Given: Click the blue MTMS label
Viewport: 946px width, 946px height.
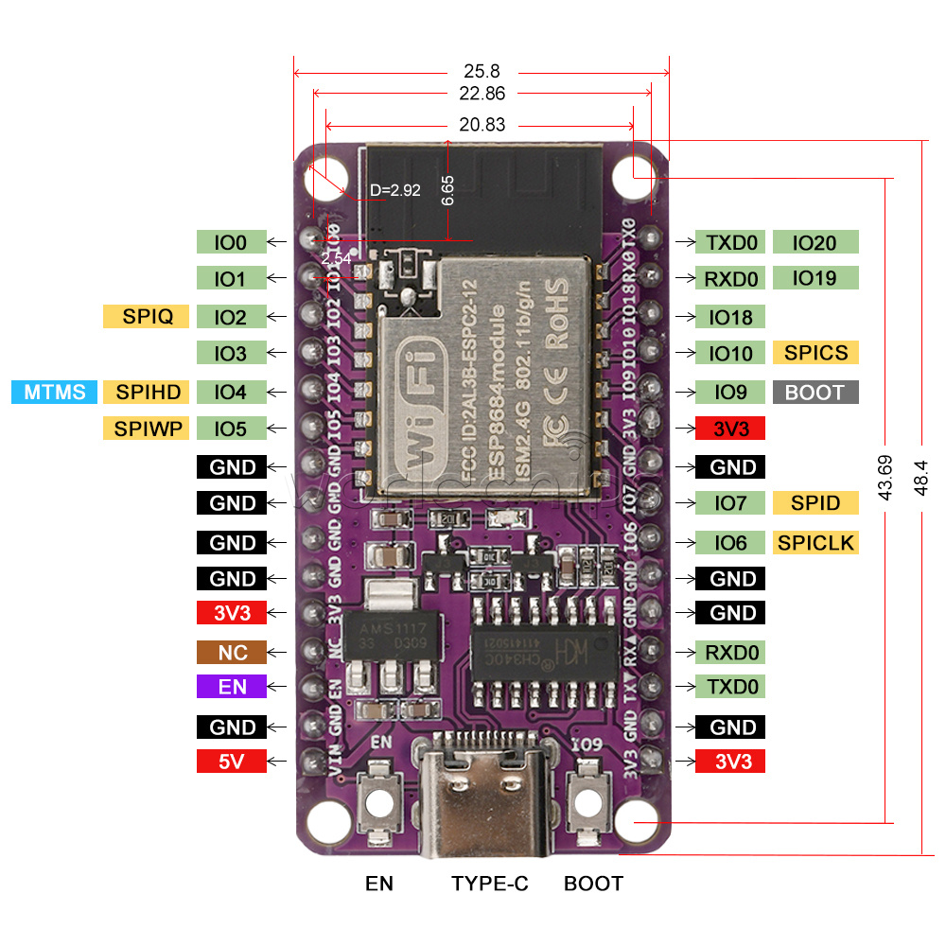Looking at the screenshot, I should click(55, 392).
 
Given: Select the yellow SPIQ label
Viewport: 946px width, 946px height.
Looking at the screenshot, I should click(147, 316).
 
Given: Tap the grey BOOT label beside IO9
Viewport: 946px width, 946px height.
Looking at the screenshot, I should click(815, 392).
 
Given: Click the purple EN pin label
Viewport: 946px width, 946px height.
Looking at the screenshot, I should click(233, 687).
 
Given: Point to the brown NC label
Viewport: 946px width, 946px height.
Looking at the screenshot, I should click(233, 653).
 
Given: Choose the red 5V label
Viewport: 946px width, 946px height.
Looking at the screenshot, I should click(233, 761).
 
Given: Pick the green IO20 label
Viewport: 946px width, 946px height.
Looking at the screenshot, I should click(815, 242).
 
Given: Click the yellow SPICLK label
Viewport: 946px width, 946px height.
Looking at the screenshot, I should click(815, 542).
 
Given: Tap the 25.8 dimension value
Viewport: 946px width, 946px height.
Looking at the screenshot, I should click(482, 70).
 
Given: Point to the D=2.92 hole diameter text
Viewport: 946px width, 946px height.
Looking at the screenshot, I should click(395, 190).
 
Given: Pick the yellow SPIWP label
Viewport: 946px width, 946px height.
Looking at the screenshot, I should click(147, 429).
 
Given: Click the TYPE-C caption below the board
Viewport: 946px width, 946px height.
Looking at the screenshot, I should click(490, 884).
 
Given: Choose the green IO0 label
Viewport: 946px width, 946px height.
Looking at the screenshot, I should click(230, 242).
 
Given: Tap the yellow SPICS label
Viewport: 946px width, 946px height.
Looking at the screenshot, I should click(815, 353).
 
